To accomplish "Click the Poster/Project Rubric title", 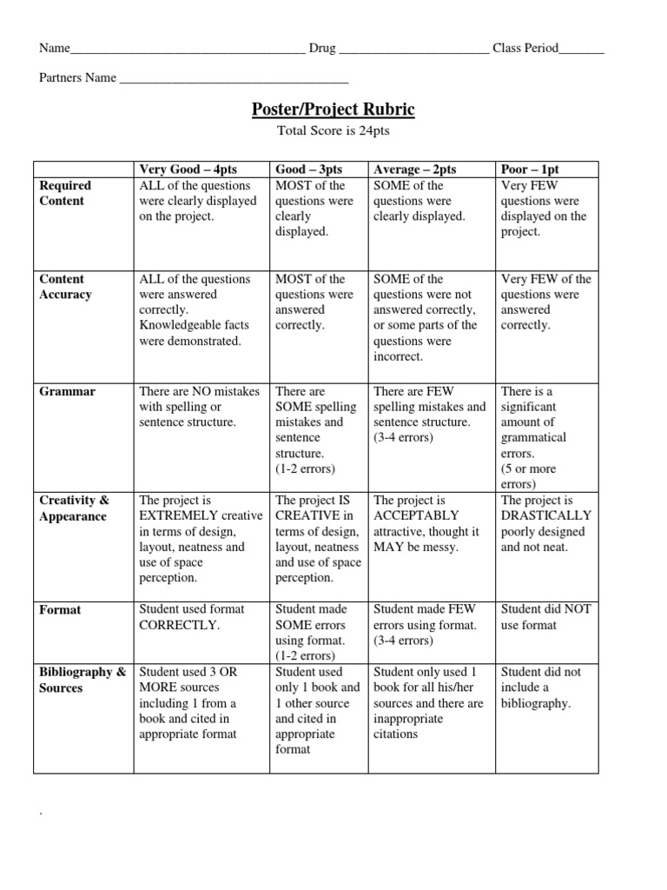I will (x=333, y=110).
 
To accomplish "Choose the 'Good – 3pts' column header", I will (x=308, y=169).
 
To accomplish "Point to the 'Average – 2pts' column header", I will (x=414, y=169).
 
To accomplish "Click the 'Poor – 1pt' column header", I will (x=530, y=169).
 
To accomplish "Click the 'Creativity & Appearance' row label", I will (x=74, y=508).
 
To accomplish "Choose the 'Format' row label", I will (x=60, y=610).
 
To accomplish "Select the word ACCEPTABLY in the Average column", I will (x=416, y=516).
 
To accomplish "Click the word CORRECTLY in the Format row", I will (x=180, y=625).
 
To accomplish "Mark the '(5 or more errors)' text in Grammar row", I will (x=529, y=476).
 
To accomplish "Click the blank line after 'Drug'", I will (x=413, y=49).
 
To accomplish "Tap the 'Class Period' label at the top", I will (x=525, y=49).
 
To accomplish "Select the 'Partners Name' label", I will (x=77, y=78).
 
